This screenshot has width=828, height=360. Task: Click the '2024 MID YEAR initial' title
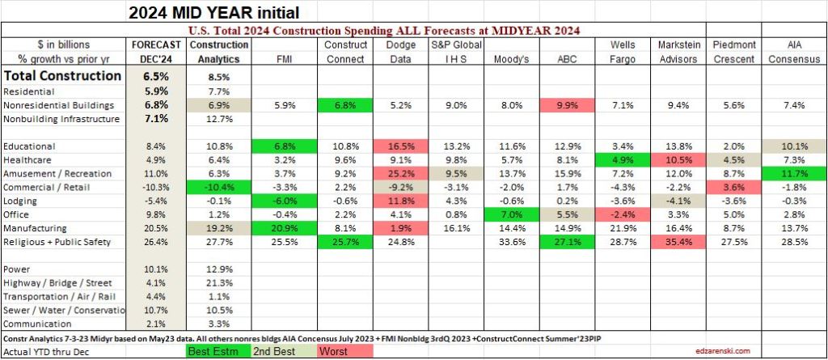click(x=209, y=12)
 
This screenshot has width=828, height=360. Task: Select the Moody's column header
click(x=510, y=59)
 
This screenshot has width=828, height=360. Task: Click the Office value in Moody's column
click(x=510, y=215)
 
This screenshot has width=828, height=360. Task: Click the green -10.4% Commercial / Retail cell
click(x=218, y=188)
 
